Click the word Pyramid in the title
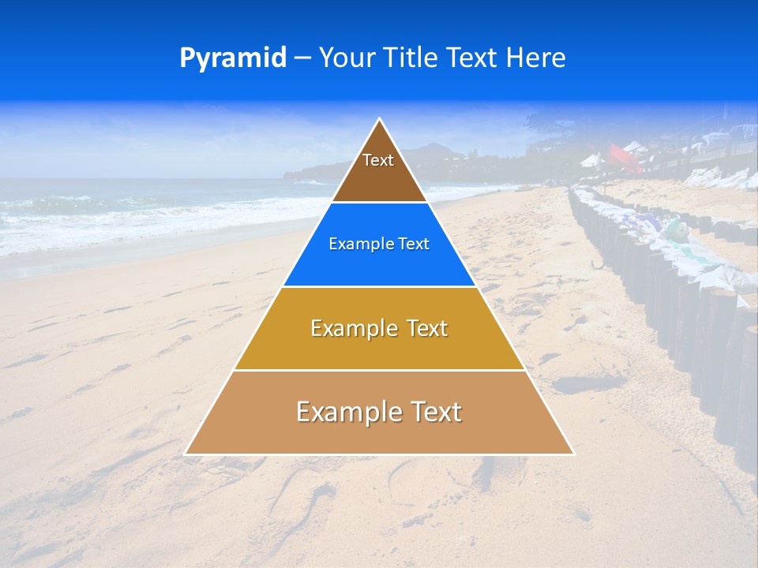click(x=233, y=58)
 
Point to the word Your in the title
click(x=346, y=58)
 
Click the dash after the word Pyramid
click(x=302, y=58)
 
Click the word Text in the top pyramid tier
click(x=378, y=160)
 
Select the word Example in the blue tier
click(x=355, y=244)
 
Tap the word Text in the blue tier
click(x=412, y=244)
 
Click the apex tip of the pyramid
click(x=380, y=119)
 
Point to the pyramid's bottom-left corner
click(x=186, y=454)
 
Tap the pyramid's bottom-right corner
click(x=573, y=454)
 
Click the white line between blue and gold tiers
click(x=379, y=286)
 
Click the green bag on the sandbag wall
click(x=674, y=230)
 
